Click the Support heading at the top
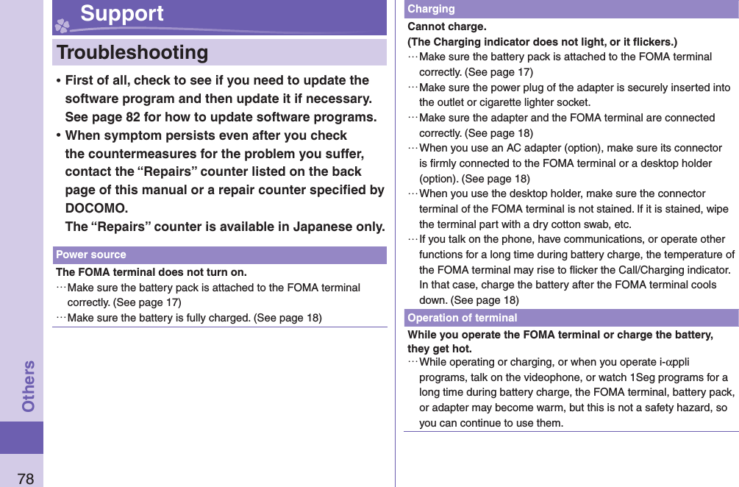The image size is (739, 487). tap(122, 14)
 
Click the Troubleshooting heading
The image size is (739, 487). tap(132, 53)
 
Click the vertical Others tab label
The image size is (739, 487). tap(29, 385)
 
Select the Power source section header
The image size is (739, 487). tap(91, 255)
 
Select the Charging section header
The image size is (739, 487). tap(431, 9)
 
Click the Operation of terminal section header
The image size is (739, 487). tap(462, 318)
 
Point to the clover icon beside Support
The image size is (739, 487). tap(63, 24)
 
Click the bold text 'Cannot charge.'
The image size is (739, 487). tap(446, 26)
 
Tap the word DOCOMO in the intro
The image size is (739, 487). tap(96, 207)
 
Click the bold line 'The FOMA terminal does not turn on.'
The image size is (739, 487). tap(151, 272)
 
